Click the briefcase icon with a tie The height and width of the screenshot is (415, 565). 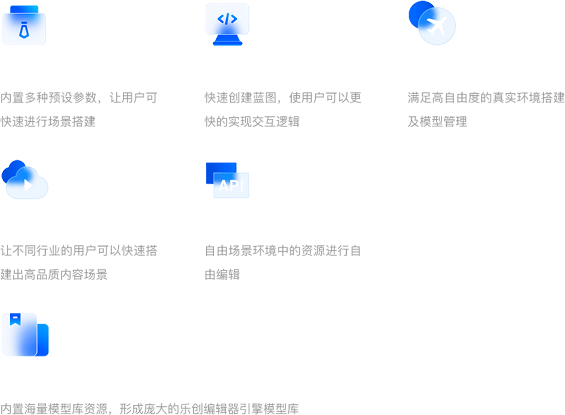(24, 25)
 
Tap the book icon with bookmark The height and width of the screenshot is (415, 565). (25, 335)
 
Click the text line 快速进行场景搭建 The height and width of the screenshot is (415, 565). (48, 122)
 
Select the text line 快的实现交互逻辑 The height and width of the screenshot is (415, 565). (252, 122)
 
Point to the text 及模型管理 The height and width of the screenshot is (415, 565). (437, 122)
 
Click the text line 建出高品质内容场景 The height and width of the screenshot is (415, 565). (54, 275)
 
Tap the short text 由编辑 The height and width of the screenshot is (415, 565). (222, 275)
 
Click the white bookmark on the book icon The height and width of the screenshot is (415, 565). (15, 320)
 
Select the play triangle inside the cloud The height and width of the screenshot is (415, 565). (28, 185)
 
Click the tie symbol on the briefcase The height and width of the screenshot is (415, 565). (24, 30)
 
